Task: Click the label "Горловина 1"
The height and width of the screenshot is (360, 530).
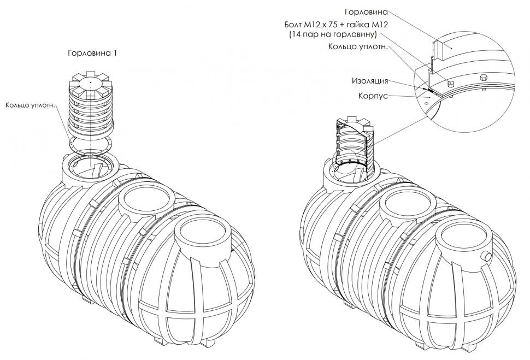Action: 92,53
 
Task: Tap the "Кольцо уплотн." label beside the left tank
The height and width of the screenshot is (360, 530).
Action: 30,105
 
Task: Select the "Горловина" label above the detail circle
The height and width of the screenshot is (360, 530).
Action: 366,12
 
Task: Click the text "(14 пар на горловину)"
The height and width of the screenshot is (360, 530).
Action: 333,34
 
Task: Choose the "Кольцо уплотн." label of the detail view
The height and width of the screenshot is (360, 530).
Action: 358,46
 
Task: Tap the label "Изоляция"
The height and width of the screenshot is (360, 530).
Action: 370,81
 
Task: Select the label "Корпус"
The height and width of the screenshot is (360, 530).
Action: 373,96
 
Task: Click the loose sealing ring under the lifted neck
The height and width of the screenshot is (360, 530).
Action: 91,143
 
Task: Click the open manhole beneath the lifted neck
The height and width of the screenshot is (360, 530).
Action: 91,166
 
